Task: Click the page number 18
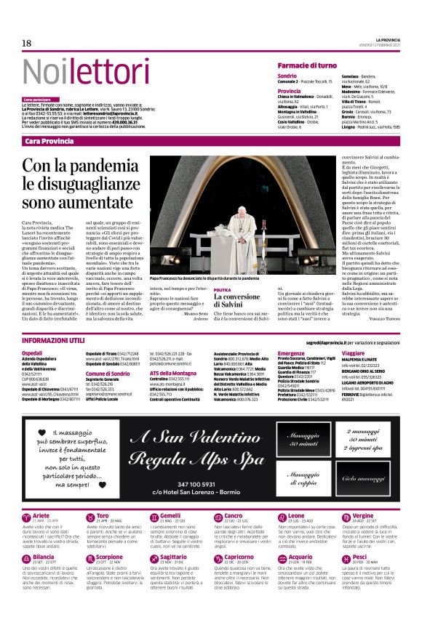pyautogui.click(x=26, y=44)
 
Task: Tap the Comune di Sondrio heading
pyautogui.click(x=108, y=373)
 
